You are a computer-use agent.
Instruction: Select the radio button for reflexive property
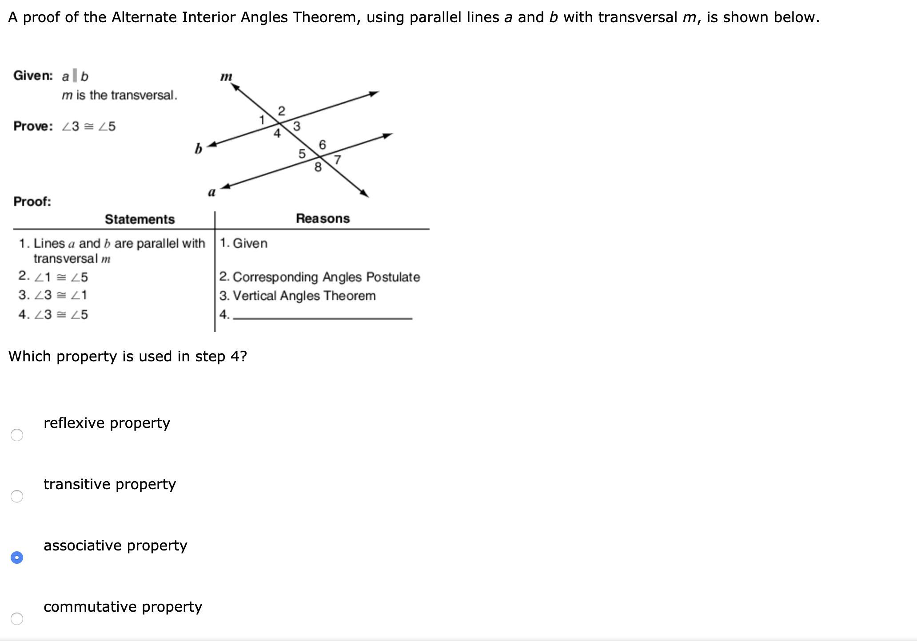coord(17,435)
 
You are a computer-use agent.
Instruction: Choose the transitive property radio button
coord(17,496)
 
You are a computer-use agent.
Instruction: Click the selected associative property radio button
coord(17,558)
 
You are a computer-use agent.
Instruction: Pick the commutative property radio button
coord(17,619)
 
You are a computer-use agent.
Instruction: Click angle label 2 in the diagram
coord(281,111)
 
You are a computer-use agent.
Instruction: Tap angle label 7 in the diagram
coord(338,160)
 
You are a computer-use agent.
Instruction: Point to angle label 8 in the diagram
coord(318,167)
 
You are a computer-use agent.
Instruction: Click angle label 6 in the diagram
coord(323,145)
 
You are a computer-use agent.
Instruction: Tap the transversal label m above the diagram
coord(226,77)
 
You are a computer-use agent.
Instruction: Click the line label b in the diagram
coord(198,148)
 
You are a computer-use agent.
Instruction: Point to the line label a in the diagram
coord(212,192)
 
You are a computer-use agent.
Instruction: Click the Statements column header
coord(140,219)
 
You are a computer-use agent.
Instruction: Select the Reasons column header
coord(323,218)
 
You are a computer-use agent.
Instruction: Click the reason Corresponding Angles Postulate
coord(326,277)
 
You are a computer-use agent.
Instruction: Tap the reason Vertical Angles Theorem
coord(304,296)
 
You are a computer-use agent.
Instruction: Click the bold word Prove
coord(33,126)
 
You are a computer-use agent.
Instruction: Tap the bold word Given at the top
coord(33,75)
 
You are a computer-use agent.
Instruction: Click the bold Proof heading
coord(32,202)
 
